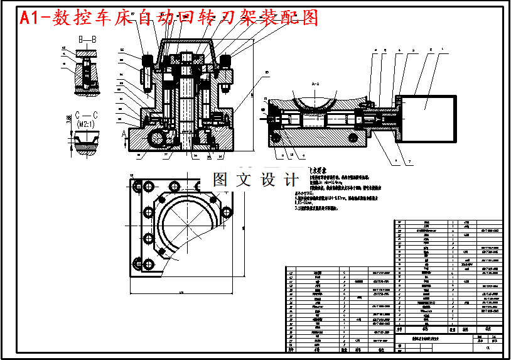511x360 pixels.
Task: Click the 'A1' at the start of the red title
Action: coord(29,18)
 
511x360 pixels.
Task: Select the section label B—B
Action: coord(87,40)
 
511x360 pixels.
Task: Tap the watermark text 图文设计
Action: coord(255,179)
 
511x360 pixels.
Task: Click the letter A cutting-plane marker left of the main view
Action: coord(125,133)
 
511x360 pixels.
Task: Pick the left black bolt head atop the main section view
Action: coord(148,61)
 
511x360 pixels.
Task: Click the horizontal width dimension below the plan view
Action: coord(181,292)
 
